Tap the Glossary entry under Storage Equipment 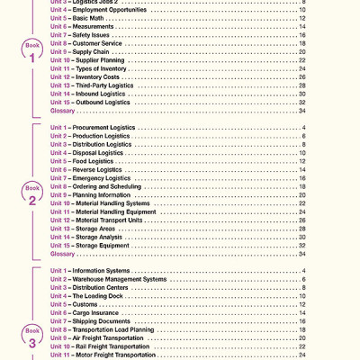coord(63,255)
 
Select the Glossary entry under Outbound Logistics coord(63,111)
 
